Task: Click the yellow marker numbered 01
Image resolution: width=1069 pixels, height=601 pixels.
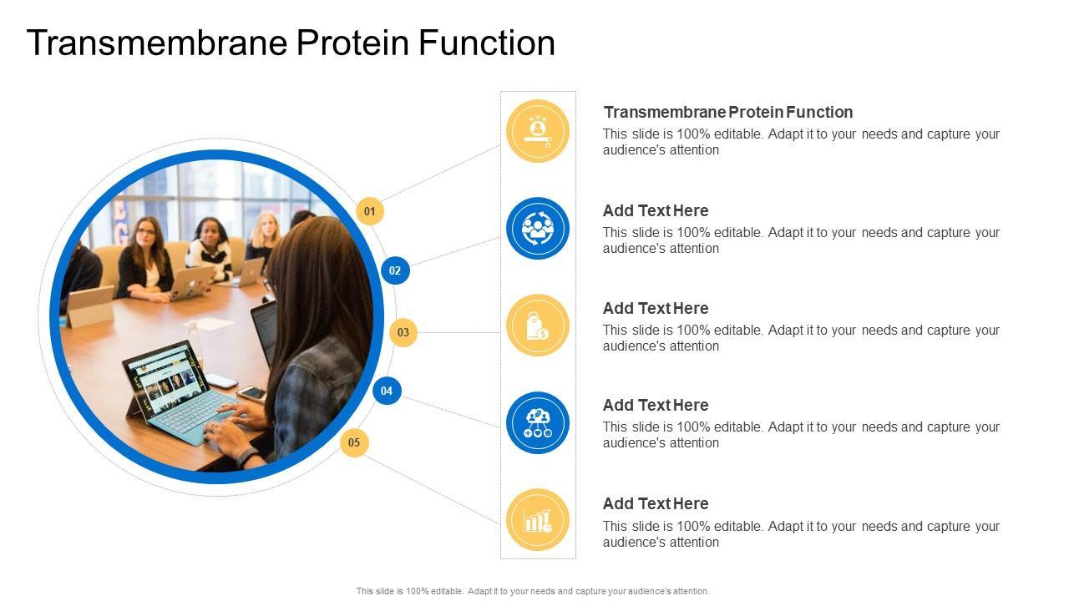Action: point(370,211)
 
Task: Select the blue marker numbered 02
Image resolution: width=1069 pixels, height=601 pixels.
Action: point(395,270)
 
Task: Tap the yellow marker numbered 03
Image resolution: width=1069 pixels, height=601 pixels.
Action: point(403,332)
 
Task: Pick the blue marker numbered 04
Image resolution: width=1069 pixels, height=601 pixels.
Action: point(387,390)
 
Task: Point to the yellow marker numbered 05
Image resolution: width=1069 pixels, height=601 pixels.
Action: point(354,442)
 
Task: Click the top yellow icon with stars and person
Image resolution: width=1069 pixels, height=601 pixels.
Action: point(537,130)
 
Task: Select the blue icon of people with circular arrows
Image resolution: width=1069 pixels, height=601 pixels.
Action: point(537,228)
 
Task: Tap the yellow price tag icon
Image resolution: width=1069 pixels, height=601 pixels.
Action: point(537,326)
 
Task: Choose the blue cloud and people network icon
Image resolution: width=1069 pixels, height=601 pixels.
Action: point(537,423)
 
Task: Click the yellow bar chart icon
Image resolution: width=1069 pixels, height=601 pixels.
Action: point(537,520)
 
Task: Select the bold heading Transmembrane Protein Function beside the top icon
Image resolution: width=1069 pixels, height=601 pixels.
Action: point(727,112)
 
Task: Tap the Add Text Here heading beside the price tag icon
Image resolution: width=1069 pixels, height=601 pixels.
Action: point(656,308)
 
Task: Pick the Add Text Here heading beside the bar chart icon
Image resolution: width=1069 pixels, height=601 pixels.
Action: point(656,503)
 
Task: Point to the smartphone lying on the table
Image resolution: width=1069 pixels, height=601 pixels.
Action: point(251,392)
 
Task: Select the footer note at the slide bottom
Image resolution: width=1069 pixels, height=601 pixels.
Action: point(533,591)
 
